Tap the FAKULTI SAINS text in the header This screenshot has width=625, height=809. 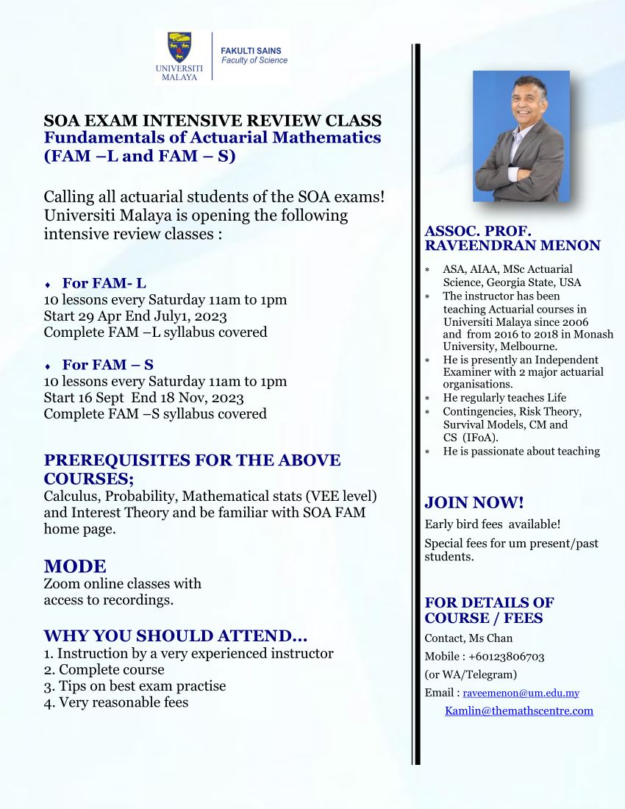point(251,51)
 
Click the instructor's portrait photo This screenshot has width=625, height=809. point(521,136)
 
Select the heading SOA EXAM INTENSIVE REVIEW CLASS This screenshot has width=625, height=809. point(213,121)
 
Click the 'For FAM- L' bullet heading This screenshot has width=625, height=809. point(104,283)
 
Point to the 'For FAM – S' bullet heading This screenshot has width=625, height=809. point(107,365)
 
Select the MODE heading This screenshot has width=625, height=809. point(75,566)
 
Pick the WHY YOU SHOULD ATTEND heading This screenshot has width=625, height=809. point(176,636)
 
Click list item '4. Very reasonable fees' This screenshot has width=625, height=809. point(116,702)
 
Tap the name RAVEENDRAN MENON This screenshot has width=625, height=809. point(512,246)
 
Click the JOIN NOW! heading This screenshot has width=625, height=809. point(474,503)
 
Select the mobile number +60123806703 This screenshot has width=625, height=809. point(507,656)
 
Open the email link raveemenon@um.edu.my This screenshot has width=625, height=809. point(521,693)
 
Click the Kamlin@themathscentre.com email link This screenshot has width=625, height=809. point(518,710)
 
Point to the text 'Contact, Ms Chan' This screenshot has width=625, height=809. point(468,638)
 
